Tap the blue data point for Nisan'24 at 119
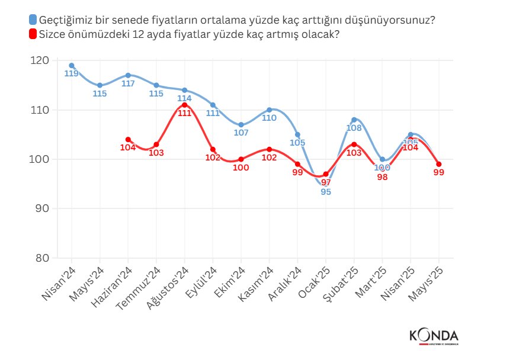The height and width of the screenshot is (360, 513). (71, 66)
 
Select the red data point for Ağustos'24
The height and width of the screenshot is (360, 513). (184, 105)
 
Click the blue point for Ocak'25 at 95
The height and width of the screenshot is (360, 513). (325, 184)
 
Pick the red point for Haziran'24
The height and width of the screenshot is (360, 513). (128, 140)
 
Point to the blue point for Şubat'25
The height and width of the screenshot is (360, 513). (354, 120)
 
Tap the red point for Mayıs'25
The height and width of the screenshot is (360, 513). (438, 164)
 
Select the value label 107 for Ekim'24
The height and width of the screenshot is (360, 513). (241, 133)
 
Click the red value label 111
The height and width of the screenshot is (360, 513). (184, 113)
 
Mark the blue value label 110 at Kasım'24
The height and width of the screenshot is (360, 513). (269, 118)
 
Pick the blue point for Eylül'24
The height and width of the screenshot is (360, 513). (213, 105)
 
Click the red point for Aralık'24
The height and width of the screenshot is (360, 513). (297, 164)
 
